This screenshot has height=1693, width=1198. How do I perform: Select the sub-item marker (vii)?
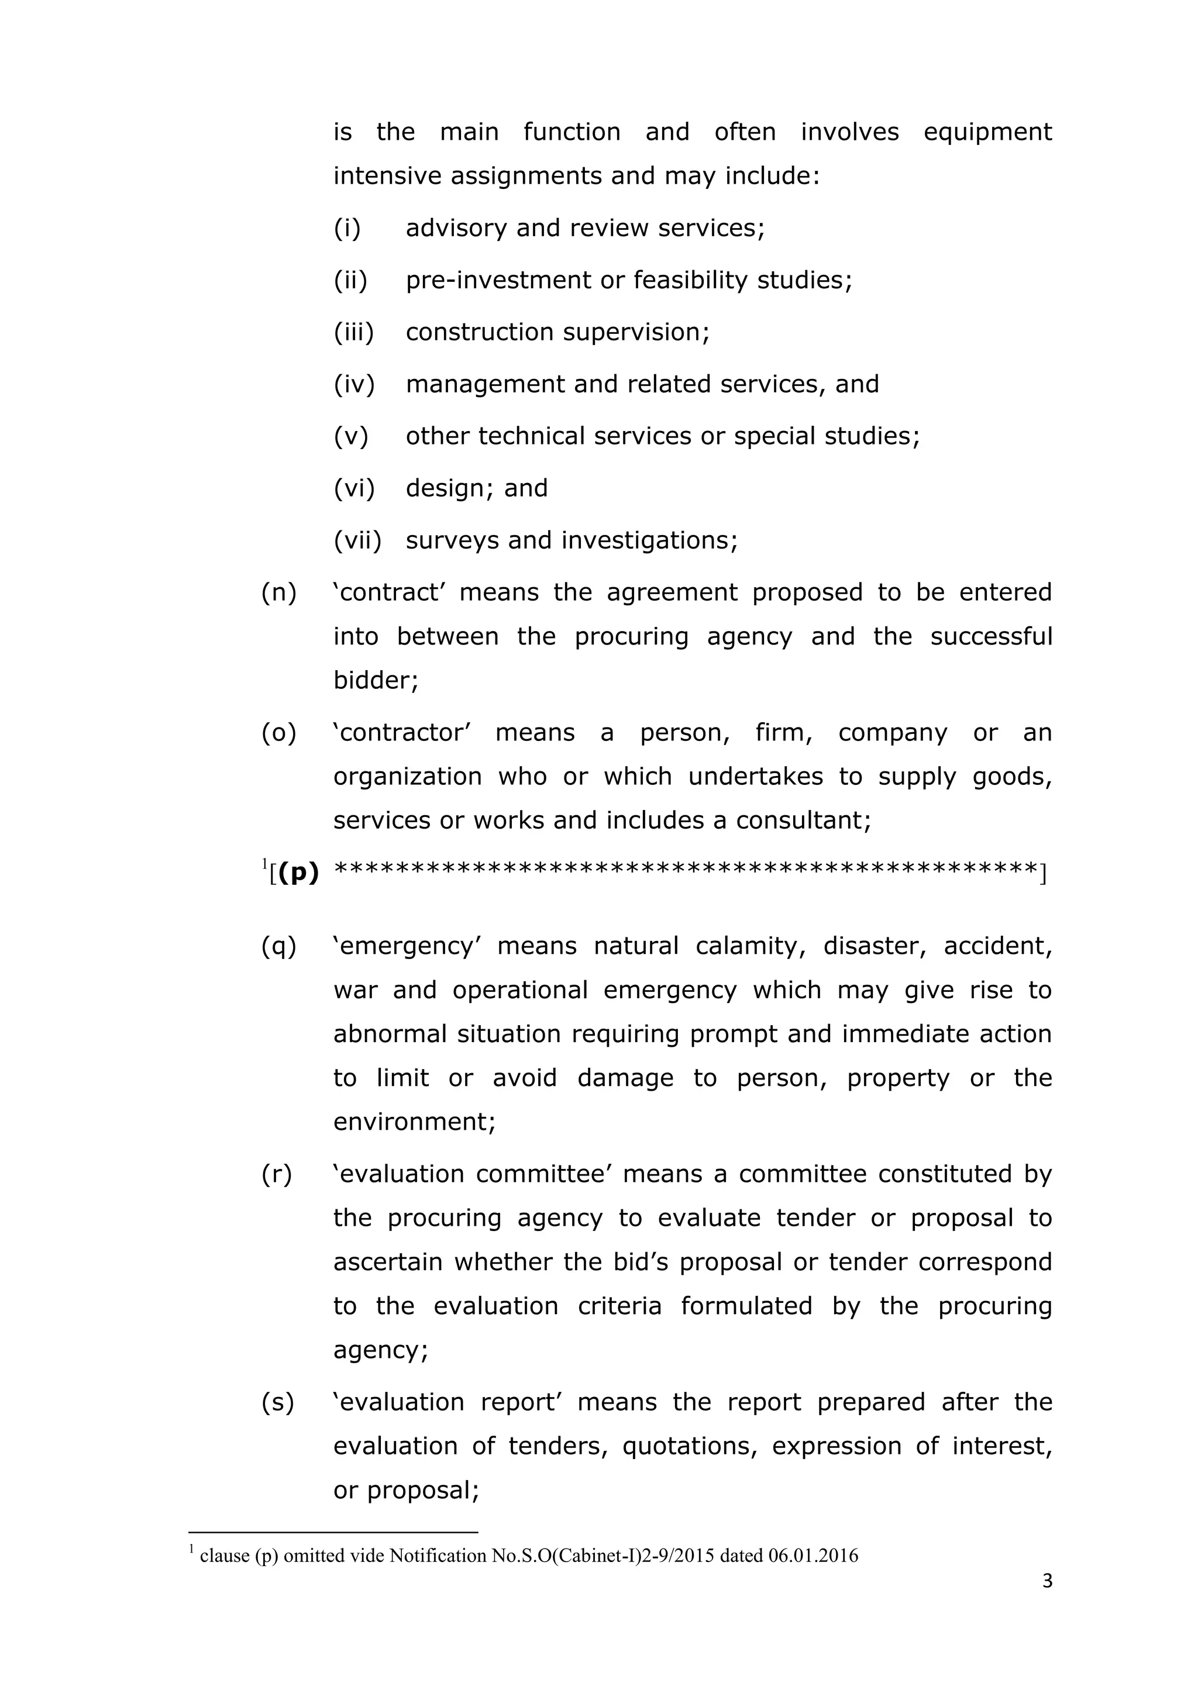point(357,540)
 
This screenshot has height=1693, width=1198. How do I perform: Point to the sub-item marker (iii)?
point(353,332)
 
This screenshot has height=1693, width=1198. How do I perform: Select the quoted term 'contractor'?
point(402,732)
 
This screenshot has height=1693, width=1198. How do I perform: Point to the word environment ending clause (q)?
point(413,1121)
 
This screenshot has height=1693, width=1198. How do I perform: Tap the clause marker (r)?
point(276,1174)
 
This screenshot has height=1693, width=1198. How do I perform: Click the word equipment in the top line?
point(987,133)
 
